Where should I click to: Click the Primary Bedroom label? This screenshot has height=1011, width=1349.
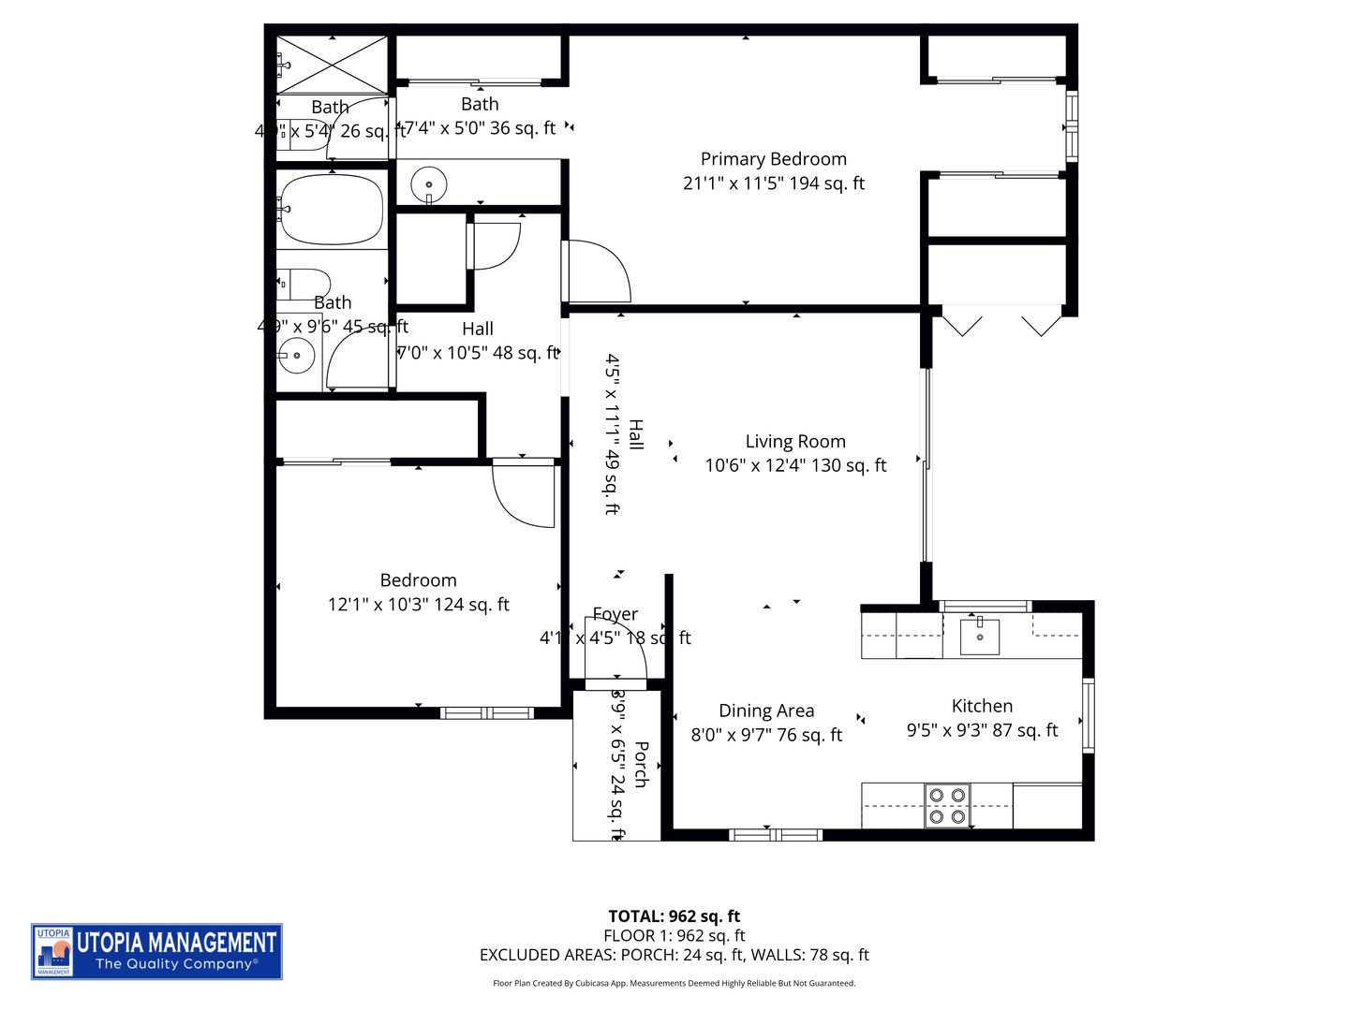tap(773, 160)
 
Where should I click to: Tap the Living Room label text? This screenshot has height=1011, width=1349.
tap(795, 442)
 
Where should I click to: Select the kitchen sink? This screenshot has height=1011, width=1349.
tap(979, 637)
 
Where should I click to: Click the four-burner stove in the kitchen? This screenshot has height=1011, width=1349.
tap(946, 806)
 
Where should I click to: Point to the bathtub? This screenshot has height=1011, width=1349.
tap(332, 210)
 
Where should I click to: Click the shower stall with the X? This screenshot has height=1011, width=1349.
tap(333, 65)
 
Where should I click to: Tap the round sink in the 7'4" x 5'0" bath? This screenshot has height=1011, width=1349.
tap(429, 184)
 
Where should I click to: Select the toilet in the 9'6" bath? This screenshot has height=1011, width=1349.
tap(304, 283)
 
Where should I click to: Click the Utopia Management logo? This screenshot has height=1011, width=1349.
tap(156, 951)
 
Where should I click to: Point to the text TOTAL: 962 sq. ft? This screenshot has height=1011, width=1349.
tap(674, 916)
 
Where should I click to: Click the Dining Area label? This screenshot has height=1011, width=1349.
tap(766, 711)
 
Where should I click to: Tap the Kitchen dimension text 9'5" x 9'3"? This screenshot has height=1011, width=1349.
tap(982, 731)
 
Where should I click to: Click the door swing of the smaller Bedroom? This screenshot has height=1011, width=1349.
tap(523, 494)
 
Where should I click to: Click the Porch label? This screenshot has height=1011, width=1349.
tap(642, 764)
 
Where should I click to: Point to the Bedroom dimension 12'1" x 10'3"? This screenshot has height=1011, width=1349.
tap(418, 605)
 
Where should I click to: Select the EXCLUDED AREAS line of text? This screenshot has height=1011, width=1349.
tap(674, 955)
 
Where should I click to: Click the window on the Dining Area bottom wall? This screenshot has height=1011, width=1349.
tap(775, 834)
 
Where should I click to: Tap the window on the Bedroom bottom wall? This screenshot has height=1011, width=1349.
tap(486, 713)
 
